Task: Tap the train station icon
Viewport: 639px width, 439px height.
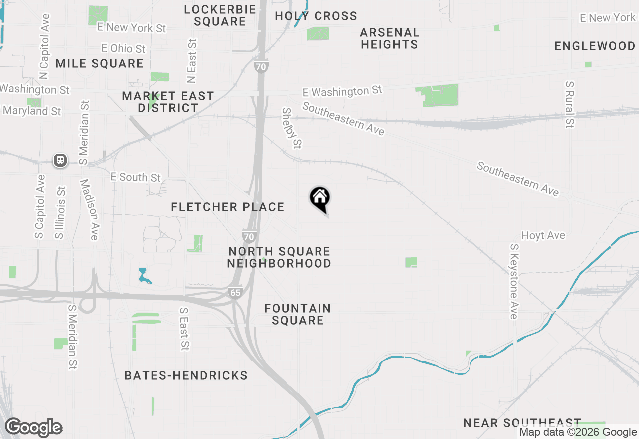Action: point(60,160)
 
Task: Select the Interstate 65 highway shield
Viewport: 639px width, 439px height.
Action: point(235,292)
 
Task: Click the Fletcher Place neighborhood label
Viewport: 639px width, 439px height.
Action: point(228,207)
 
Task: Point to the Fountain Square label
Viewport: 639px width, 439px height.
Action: point(298,314)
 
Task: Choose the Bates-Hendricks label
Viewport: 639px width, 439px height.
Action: point(186,375)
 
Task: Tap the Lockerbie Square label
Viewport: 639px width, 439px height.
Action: point(220,15)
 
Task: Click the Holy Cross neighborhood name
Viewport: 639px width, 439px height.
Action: point(316,16)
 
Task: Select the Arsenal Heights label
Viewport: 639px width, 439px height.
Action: point(389,38)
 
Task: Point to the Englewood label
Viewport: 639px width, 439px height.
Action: point(595,46)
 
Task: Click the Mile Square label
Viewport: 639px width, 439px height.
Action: point(99,63)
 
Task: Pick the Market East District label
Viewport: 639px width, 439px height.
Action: point(168,102)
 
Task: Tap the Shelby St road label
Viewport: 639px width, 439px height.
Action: point(292,128)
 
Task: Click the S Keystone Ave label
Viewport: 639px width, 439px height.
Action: point(514,281)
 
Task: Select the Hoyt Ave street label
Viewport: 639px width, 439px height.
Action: point(543,235)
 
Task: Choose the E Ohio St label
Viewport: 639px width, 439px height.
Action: point(123,48)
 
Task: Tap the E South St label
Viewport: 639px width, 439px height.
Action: point(136,177)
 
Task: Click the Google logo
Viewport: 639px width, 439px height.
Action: point(34,428)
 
